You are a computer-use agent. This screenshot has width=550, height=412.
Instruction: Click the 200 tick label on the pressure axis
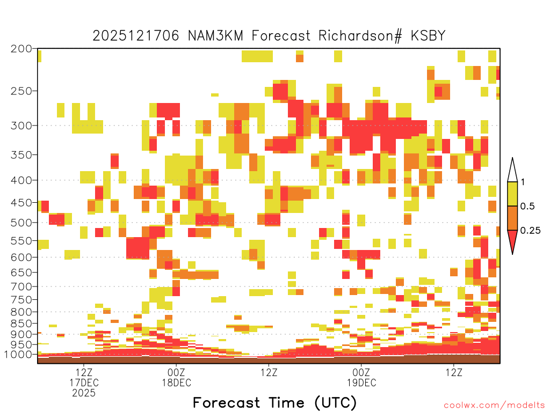[x=21, y=49]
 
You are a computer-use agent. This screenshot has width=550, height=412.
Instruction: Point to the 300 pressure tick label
[x=21, y=126]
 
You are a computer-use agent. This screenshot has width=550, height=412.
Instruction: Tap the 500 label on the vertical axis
[x=21, y=223]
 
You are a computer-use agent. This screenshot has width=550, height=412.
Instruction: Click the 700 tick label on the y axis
[x=21, y=286]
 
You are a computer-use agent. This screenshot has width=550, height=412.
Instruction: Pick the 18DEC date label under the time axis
[x=176, y=382]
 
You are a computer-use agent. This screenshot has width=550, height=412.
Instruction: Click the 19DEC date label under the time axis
[x=361, y=382]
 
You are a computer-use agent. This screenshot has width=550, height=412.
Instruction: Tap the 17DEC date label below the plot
[x=84, y=382]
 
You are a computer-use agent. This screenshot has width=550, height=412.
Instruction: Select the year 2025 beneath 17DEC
[x=84, y=393]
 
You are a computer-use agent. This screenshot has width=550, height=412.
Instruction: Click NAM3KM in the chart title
[x=216, y=36]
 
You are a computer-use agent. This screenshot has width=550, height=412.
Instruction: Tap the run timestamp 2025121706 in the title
[x=136, y=36]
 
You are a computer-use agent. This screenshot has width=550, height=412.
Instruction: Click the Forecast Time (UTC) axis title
[x=274, y=402]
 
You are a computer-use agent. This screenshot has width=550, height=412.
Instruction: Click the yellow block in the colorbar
[x=512, y=194]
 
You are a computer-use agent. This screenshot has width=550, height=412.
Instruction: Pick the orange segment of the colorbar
[x=512, y=218]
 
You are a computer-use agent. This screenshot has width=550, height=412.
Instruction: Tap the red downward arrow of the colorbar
[x=512, y=240]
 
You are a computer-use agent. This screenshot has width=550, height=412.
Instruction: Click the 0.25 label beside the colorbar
[x=530, y=231]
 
